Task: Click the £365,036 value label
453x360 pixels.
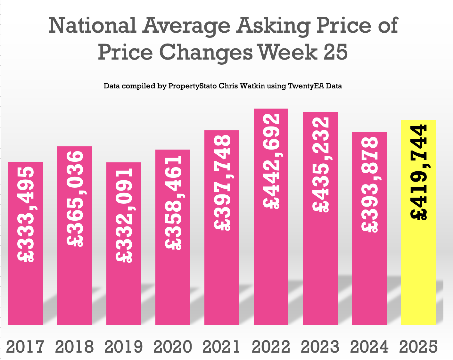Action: click(x=75, y=199)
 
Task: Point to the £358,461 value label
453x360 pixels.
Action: click(x=173, y=202)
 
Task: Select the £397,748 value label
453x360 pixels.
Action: click(x=222, y=183)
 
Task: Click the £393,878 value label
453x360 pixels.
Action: click(x=370, y=184)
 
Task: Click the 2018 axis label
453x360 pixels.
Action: click(x=75, y=347)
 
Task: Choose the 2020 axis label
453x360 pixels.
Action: click(x=173, y=347)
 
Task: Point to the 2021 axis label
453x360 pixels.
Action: click(x=222, y=347)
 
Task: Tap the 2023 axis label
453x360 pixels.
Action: click(x=320, y=347)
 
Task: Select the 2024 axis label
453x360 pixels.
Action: click(x=369, y=347)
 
